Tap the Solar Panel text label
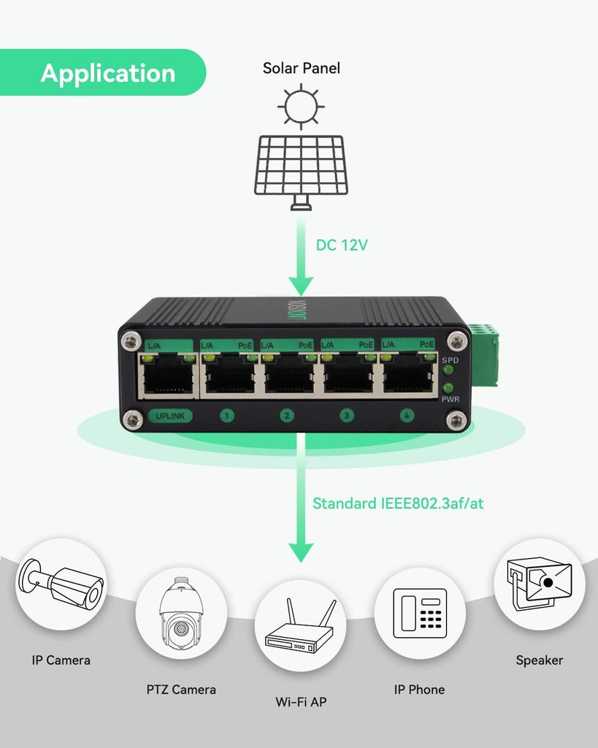[x=301, y=69]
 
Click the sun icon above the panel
[x=301, y=106]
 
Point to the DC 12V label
[x=341, y=245]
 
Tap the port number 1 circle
[x=227, y=416]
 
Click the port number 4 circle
[x=407, y=416]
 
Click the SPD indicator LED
[x=448, y=371]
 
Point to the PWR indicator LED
[x=448, y=388]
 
